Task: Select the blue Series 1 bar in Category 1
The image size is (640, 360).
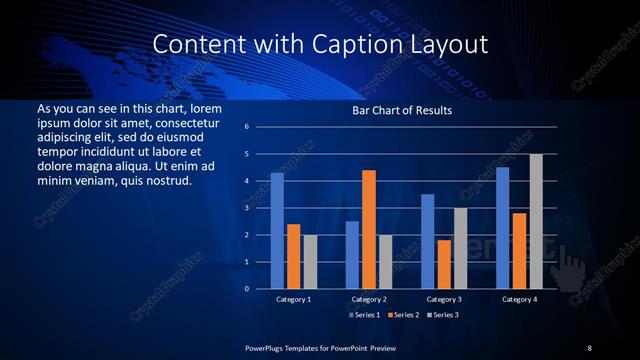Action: (277, 231)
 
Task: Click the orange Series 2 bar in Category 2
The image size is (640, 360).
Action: (368, 229)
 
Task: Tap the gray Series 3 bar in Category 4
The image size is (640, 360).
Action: (536, 221)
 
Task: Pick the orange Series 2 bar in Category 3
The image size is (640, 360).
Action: (444, 264)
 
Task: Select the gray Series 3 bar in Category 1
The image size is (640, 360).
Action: (310, 262)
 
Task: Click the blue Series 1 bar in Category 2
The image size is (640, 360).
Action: (352, 255)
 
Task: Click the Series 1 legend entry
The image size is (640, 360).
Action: (364, 314)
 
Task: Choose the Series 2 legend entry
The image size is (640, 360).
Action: (403, 314)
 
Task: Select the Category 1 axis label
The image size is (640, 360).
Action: (293, 299)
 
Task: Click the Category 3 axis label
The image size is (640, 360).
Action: (443, 299)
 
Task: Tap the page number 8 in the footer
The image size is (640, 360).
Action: (589, 347)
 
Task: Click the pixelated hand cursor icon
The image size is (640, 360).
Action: (573, 265)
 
